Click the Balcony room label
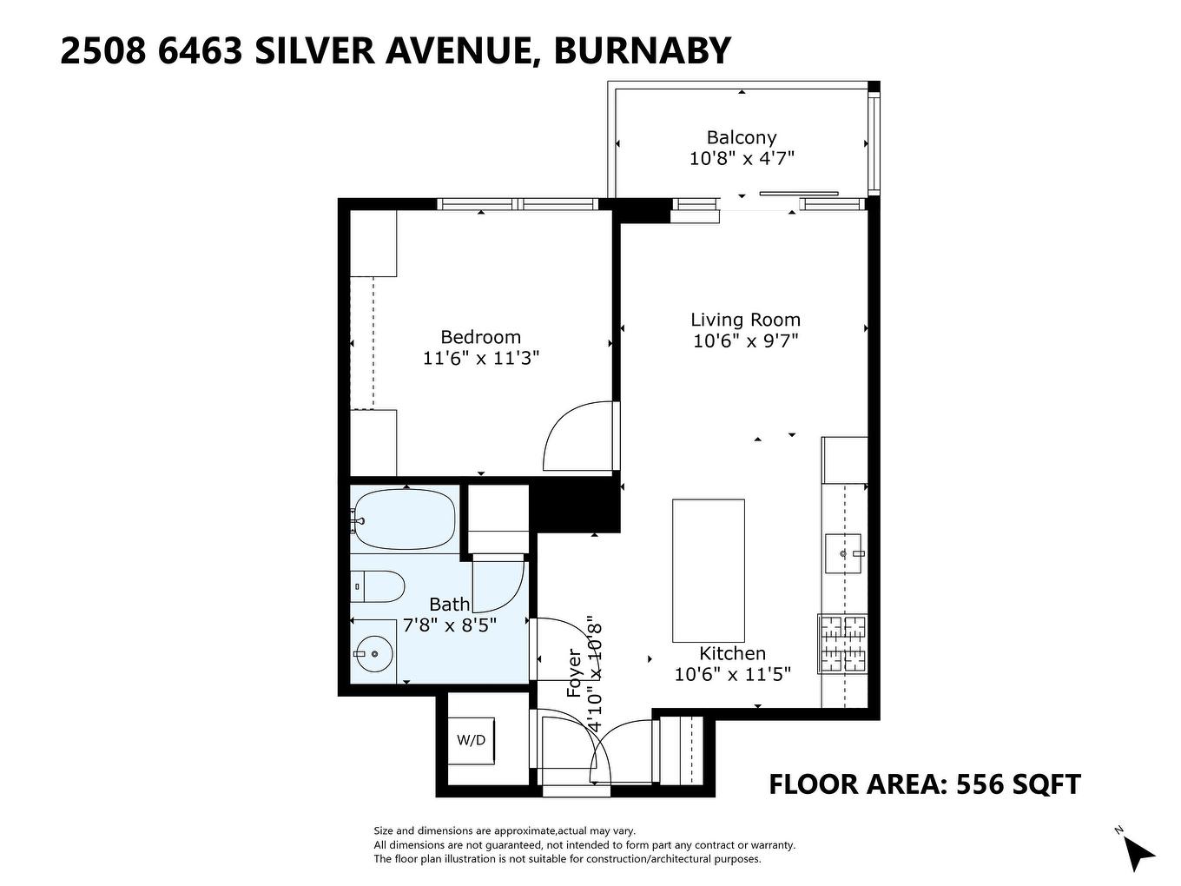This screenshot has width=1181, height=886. [741, 137]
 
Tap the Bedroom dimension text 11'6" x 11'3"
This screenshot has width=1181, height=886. [481, 358]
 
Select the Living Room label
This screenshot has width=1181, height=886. [745, 320]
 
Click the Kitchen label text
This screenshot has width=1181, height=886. [732, 653]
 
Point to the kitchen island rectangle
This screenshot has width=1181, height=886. [708, 570]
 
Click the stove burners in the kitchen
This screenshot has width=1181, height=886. [842, 644]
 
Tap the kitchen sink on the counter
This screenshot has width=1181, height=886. [842, 553]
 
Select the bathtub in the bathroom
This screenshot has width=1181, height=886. [404, 519]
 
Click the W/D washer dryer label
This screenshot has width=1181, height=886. [472, 740]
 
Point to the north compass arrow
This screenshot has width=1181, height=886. [1138, 851]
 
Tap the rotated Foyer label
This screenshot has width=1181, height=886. [574, 673]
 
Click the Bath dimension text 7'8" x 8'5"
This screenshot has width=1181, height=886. [450, 625]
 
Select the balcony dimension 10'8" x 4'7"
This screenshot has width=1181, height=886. [742, 158]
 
